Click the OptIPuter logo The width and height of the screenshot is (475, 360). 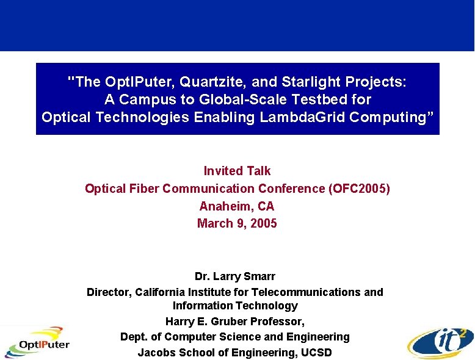coord(37,342)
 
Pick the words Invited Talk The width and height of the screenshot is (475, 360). coord(237,171)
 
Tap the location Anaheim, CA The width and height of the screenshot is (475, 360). coord(237,206)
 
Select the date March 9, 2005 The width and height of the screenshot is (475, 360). coord(237,223)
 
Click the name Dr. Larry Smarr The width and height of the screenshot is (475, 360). coord(235,276)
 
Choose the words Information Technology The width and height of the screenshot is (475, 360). coord(235,306)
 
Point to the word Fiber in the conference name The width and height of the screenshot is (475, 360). coord(141,189)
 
